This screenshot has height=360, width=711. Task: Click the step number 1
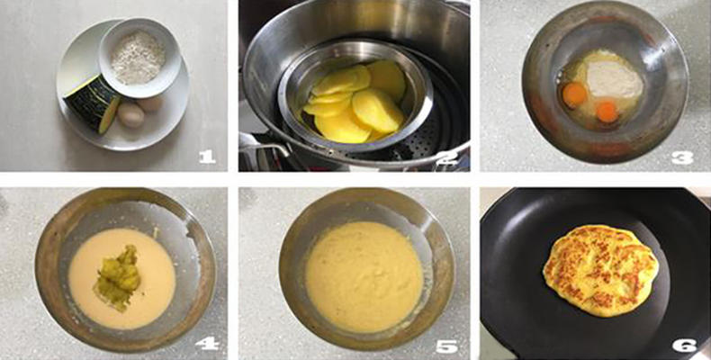(x=207, y=157)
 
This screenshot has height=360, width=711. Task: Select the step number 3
(x=682, y=157)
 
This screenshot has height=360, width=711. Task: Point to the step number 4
(x=207, y=344)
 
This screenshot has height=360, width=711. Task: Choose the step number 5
(x=446, y=346)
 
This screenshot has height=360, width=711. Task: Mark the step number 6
(x=685, y=346)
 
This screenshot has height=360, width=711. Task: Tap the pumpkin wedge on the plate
(x=92, y=104)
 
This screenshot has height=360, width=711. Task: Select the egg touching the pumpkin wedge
(x=131, y=115)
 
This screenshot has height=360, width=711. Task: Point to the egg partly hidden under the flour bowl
(x=150, y=104)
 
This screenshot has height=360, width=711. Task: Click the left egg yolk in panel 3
(x=574, y=94)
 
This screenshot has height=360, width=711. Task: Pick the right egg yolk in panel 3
(x=607, y=112)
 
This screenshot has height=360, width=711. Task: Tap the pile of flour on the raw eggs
(x=615, y=79)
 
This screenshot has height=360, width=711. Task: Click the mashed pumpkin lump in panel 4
(x=117, y=277)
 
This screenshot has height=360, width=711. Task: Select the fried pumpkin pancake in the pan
(x=601, y=270)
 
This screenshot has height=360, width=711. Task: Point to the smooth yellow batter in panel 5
(x=364, y=276)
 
